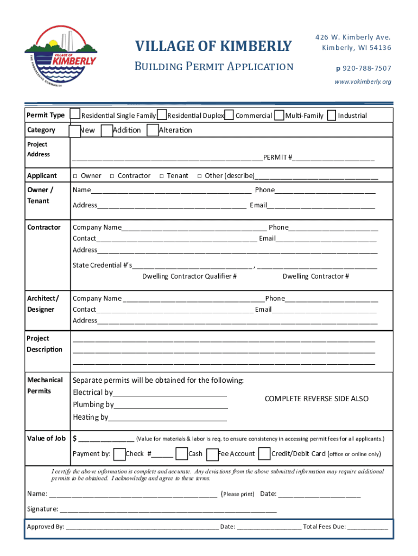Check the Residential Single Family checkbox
(x=76, y=115)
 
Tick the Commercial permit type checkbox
(x=230, y=115)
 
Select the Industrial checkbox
(x=332, y=115)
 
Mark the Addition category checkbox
(x=107, y=130)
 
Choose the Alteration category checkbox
(x=153, y=130)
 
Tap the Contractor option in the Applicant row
(x=111, y=176)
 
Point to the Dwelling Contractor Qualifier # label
(x=189, y=276)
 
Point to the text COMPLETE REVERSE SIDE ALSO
(x=316, y=399)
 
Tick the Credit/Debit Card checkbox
(x=264, y=453)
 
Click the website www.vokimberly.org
(x=363, y=82)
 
